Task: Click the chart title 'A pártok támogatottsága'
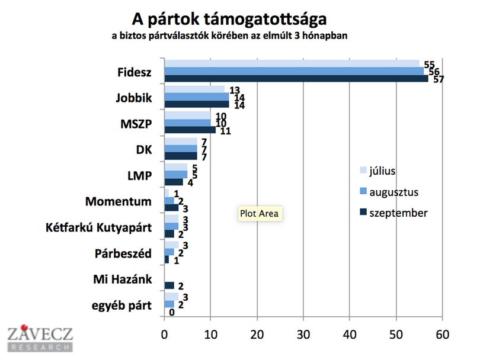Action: click(x=229, y=20)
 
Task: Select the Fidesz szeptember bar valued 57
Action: click(x=296, y=79)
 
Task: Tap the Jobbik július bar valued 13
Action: click(x=194, y=89)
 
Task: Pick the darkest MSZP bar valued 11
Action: click(x=190, y=130)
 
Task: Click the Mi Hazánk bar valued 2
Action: click(x=169, y=285)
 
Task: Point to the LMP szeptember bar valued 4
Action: click(x=174, y=182)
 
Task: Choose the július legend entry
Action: click(x=377, y=171)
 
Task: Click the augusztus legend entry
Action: click(x=389, y=192)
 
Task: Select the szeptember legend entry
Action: click(x=393, y=213)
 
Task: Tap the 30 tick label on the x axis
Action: click(x=303, y=335)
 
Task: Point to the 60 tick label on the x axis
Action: click(x=442, y=335)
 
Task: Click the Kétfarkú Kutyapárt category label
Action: click(x=98, y=227)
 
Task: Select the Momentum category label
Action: click(x=118, y=201)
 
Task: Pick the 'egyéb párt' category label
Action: click(x=121, y=306)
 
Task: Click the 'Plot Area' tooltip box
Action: click(x=260, y=214)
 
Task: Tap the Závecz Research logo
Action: click(x=40, y=338)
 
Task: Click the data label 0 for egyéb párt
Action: click(x=172, y=312)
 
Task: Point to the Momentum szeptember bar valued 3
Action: click(x=171, y=208)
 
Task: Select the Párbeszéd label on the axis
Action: click(x=123, y=253)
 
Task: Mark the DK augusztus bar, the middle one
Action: click(x=181, y=149)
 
